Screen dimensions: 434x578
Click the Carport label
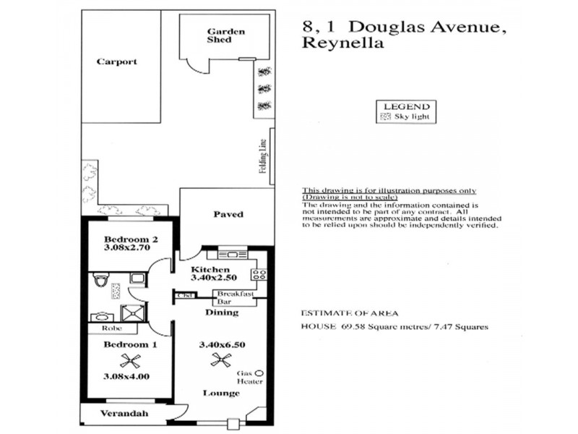coord(116,62)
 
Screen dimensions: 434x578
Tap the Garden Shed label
coord(225,35)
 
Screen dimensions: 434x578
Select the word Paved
coord(228,214)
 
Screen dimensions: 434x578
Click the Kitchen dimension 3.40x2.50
coord(214,277)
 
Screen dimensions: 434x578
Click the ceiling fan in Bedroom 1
coord(129,360)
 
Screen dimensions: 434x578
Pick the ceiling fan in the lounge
coord(220,359)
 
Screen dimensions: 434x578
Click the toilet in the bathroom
coord(101,279)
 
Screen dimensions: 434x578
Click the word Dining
coord(220,312)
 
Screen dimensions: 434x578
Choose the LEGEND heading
coord(406,106)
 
